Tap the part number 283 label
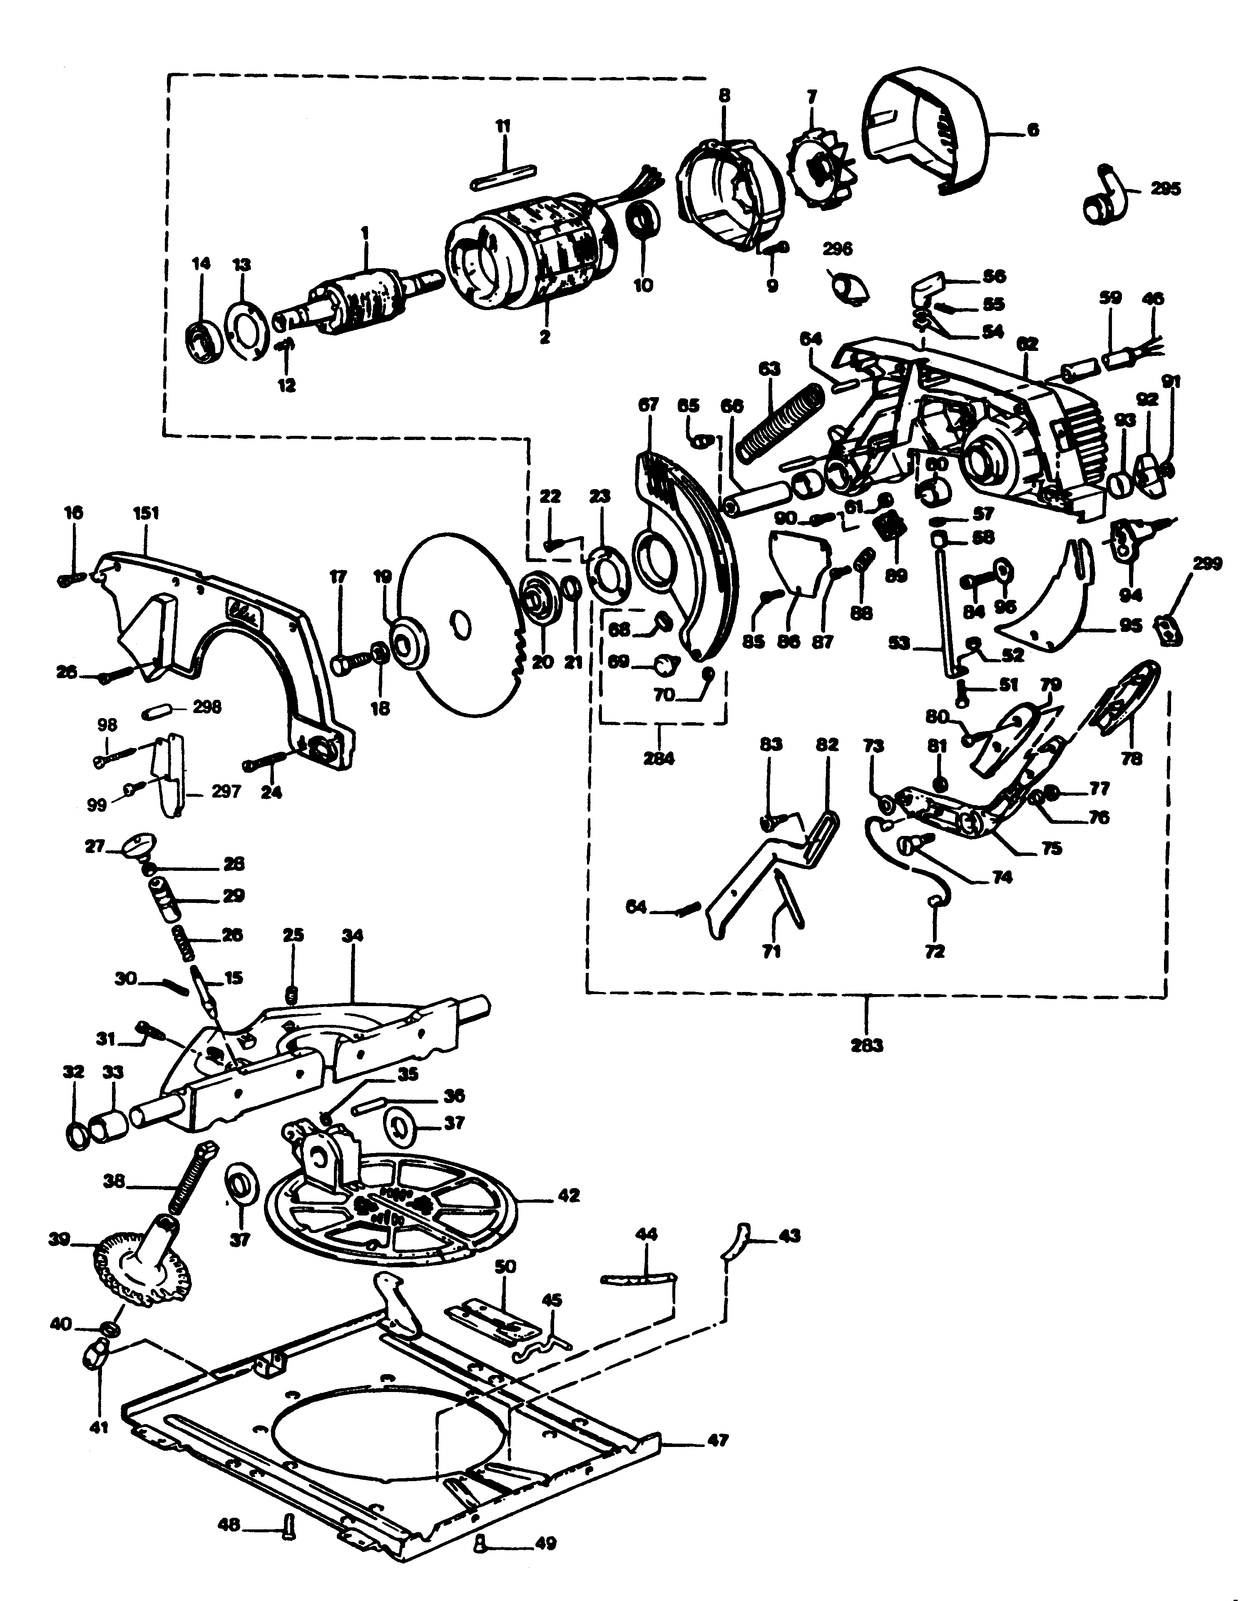tap(867, 1044)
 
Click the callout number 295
tap(1166, 189)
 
